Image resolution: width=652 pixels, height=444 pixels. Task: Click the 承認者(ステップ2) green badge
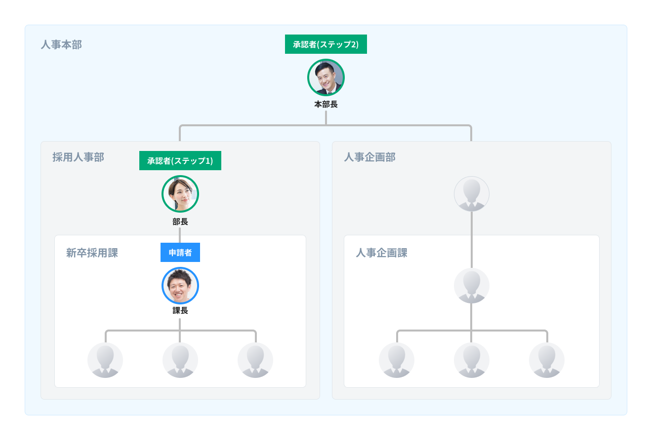326,44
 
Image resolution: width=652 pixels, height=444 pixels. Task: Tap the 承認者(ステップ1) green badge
180,161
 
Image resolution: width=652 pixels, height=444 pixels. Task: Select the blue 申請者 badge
180,253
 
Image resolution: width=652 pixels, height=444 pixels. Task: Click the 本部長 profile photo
326,77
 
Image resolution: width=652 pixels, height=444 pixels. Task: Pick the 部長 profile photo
180,194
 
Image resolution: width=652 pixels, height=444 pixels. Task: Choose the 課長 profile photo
180,286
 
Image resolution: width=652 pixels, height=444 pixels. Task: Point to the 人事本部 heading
61,45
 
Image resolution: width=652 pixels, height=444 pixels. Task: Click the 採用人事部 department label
78,157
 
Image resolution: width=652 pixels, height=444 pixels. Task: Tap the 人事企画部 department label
369,157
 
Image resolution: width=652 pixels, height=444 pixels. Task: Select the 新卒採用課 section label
92,253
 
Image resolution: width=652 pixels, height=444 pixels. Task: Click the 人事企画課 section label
381,253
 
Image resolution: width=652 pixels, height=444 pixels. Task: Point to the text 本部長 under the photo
326,105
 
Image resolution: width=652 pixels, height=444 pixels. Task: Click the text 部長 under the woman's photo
180,222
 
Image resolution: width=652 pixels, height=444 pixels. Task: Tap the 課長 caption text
180,311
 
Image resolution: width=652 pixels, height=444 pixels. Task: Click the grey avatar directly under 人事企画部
472,194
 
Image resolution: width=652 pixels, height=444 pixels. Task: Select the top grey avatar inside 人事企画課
472,286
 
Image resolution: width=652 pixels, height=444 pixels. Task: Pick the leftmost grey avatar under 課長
105,360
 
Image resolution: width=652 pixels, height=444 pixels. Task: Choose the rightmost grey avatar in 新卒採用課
255,360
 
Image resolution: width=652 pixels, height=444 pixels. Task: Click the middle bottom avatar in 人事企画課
472,360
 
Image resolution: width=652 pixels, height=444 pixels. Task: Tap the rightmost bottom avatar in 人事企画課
547,360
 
